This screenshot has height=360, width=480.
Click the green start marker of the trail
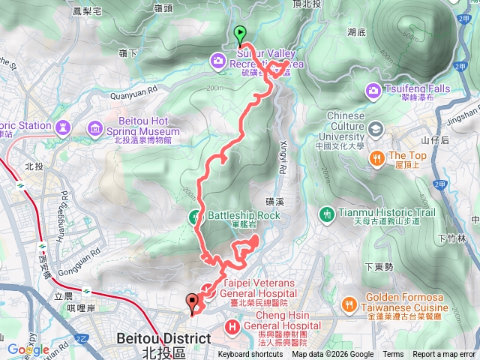tap(240, 33)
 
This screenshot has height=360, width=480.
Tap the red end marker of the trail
tap(193, 301)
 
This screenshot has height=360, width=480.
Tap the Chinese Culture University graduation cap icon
tap(373, 129)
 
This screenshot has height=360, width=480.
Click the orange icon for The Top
tap(379, 157)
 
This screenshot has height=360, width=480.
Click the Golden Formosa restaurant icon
tap(349, 304)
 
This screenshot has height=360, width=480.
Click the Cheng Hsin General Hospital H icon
tap(232, 327)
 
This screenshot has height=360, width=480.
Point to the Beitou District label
tap(163, 339)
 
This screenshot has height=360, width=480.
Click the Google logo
tap(28, 349)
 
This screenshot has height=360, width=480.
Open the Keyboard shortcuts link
tap(250, 355)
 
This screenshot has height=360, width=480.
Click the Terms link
tap(393, 355)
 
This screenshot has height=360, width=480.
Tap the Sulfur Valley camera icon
tap(218, 60)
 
